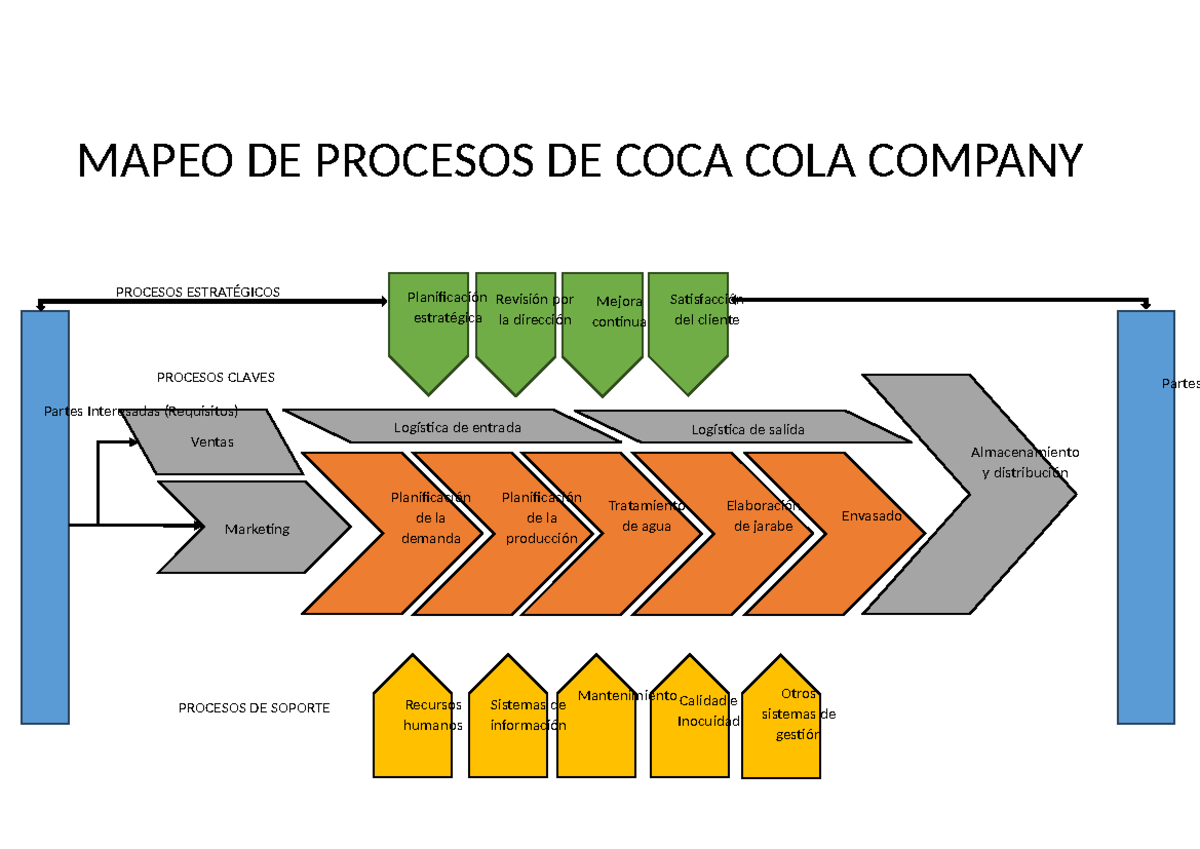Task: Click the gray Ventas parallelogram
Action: pos(212,441)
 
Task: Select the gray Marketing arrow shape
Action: pos(256,528)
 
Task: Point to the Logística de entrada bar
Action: pos(456,427)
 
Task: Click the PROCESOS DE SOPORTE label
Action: pos(254,708)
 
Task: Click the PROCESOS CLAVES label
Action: pos(216,378)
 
